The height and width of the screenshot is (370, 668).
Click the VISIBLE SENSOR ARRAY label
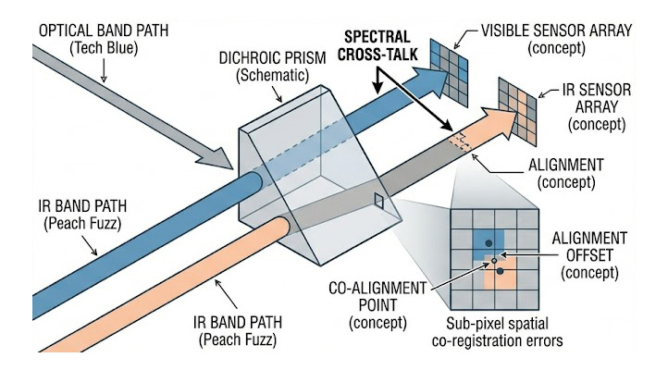point(557,30)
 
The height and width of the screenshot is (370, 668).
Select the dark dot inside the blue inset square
point(488,243)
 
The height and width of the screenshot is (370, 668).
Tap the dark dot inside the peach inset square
point(500,271)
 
